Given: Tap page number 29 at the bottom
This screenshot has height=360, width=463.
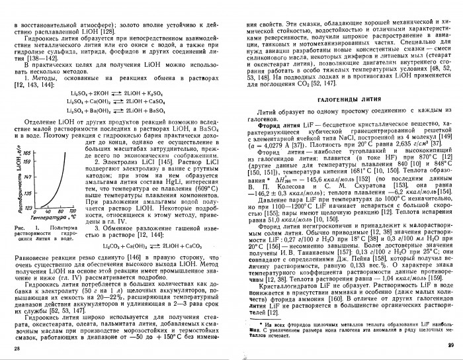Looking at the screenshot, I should pyautogui.click(x=452, y=345).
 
